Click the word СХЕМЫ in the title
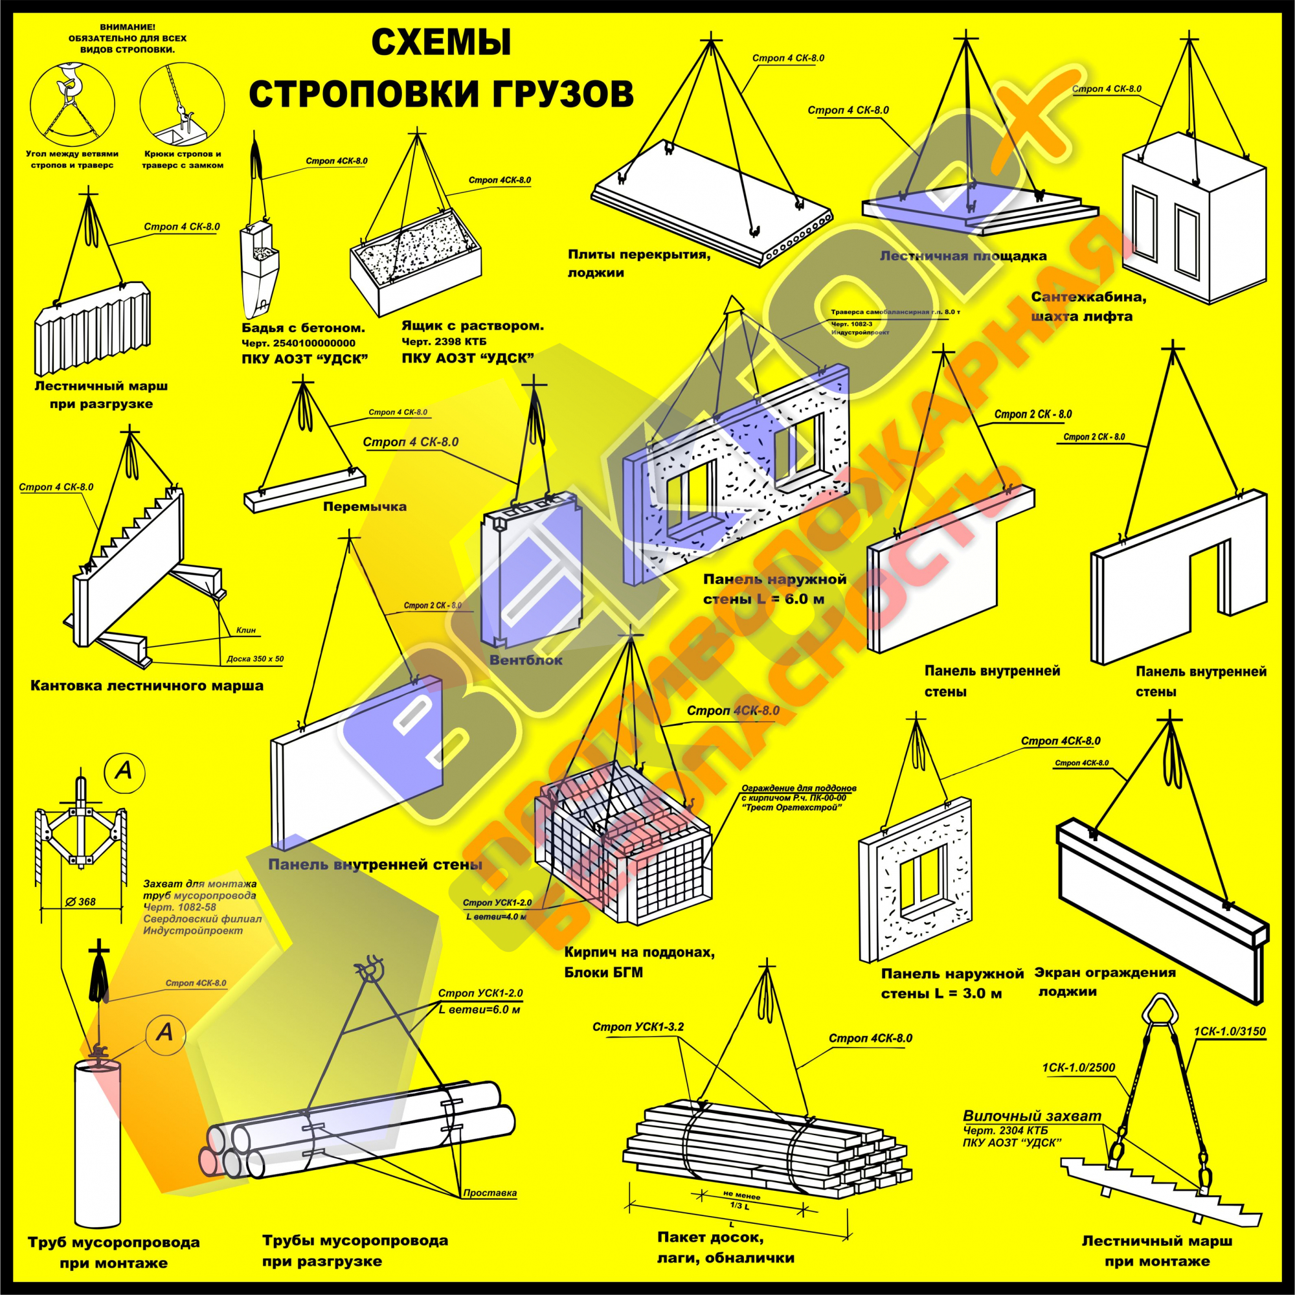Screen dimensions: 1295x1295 (440, 43)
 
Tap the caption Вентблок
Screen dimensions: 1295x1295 (526, 660)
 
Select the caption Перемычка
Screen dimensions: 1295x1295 (365, 506)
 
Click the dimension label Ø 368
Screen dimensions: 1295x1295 (82, 901)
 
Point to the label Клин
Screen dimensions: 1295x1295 (246, 630)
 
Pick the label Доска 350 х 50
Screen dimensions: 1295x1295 (254, 659)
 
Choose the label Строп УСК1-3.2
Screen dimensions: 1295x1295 (638, 1027)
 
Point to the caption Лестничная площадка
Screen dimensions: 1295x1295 (963, 255)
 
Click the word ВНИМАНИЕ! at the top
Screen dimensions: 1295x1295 (128, 27)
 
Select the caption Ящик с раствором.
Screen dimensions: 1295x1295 (473, 326)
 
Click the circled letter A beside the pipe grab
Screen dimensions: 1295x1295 (123, 772)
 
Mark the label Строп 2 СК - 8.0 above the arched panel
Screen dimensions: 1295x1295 (1094, 437)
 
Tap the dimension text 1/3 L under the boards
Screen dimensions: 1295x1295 (736, 1206)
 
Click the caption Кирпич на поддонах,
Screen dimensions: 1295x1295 (629, 952)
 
